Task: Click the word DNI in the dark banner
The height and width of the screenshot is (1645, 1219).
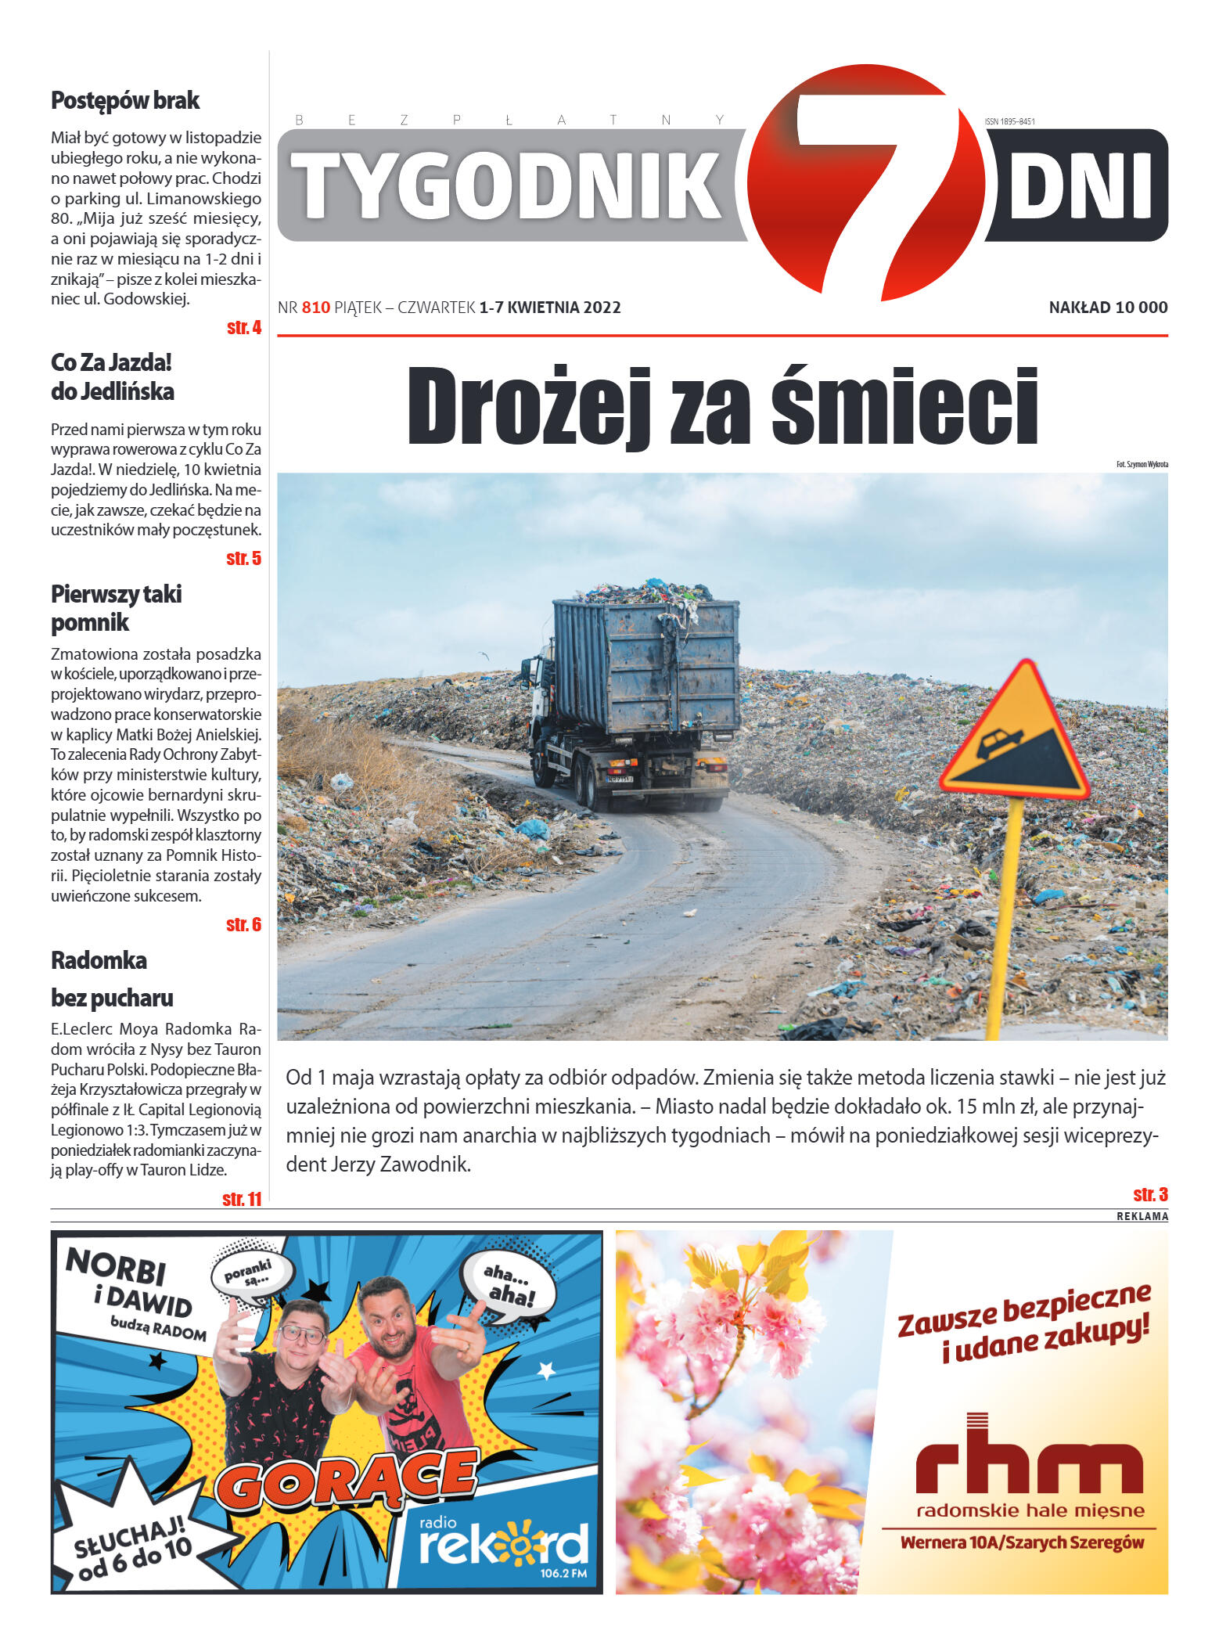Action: pyautogui.click(x=1080, y=186)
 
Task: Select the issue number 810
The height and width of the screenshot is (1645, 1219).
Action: pyautogui.click(x=315, y=308)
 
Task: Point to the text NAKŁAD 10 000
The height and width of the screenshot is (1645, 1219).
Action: pyautogui.click(x=1107, y=308)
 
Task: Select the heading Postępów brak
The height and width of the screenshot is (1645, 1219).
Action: pyautogui.click(x=125, y=101)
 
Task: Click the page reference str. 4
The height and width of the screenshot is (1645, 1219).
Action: pyautogui.click(x=243, y=328)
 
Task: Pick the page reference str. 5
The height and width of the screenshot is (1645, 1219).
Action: pyautogui.click(x=243, y=559)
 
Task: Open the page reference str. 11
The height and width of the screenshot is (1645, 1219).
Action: pyautogui.click(x=242, y=1199)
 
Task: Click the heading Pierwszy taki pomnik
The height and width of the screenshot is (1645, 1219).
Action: pyautogui.click(x=116, y=608)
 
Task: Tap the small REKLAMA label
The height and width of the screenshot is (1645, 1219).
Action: pyautogui.click(x=1142, y=1216)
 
